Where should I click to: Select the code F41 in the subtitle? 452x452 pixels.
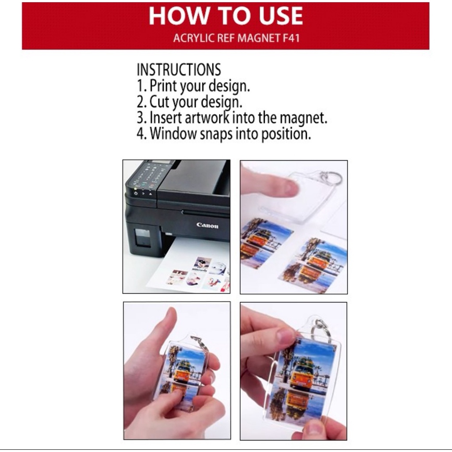(291, 38)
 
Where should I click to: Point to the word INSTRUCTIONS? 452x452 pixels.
(179, 69)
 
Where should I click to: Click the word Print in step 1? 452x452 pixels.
(163, 86)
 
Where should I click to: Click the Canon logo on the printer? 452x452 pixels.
(207, 225)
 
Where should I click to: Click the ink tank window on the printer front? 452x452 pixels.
(143, 237)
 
